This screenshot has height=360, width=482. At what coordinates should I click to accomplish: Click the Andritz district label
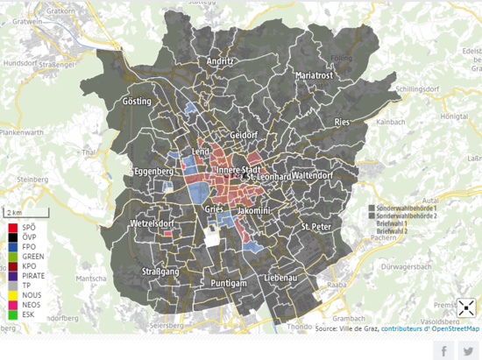[220, 62]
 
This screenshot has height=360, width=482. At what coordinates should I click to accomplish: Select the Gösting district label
[138, 102]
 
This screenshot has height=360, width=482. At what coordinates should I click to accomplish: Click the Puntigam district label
[230, 284]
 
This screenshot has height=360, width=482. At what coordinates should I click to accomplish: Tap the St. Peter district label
[316, 227]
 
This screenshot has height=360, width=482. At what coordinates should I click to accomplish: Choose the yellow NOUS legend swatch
[11, 296]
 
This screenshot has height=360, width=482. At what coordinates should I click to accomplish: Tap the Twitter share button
[469, 349]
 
